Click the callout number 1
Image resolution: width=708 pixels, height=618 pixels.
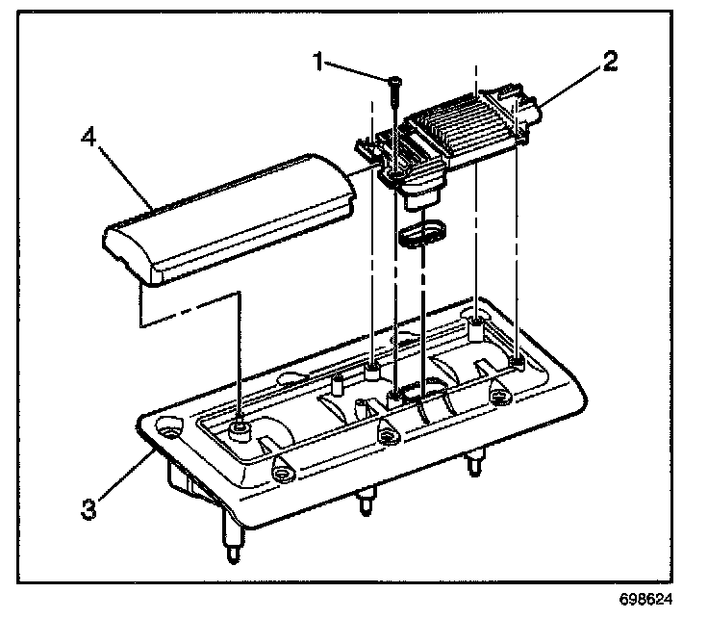coord(318,63)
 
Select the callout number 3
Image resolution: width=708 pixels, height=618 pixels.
coord(88,507)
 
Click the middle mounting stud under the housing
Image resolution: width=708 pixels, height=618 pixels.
coord(365,502)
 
